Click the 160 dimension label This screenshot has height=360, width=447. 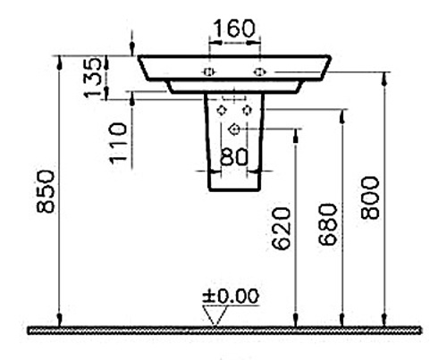tap(234, 29)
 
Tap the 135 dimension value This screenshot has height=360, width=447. tap(93, 78)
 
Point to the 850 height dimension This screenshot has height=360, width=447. tap(46, 191)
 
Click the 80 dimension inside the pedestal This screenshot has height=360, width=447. tap(234, 156)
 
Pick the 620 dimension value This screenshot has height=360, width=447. tap(281, 229)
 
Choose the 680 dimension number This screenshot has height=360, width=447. tap(328, 224)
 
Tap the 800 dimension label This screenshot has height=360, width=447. tap(370, 197)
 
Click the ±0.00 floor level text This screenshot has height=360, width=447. tap(231, 297)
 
